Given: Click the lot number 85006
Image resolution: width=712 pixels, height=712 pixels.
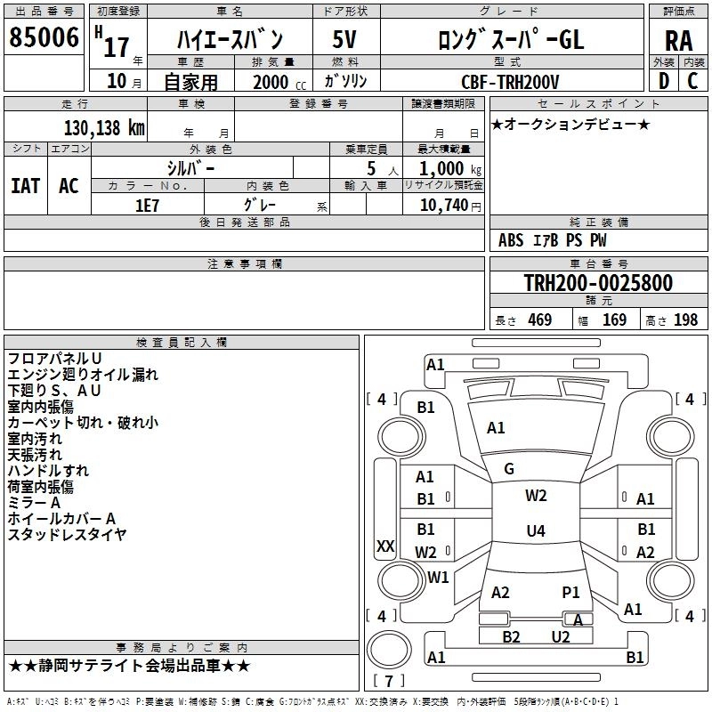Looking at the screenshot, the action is click(44, 38).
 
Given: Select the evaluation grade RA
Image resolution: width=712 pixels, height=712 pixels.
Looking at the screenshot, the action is click(678, 40).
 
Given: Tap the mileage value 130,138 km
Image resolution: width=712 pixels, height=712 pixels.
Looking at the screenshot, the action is click(104, 127).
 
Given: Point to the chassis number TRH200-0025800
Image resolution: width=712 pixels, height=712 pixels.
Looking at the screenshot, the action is click(598, 283).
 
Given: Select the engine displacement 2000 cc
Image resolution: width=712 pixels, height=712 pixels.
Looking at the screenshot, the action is click(270, 82).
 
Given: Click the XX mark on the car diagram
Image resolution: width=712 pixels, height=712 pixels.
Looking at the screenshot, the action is click(385, 546).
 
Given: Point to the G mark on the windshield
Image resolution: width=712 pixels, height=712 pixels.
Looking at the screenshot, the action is click(509, 469).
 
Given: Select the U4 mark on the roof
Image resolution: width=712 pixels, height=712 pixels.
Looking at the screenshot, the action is click(535, 531).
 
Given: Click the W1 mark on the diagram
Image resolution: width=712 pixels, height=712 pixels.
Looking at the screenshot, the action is click(438, 577).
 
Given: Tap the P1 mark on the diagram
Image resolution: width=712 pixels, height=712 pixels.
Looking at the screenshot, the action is click(570, 592).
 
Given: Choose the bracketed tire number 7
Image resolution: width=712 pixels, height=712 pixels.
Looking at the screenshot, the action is click(388, 681).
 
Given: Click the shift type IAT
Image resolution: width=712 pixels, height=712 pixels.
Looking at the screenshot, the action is click(25, 185).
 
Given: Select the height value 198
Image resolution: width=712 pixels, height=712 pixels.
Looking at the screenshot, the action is click(685, 320).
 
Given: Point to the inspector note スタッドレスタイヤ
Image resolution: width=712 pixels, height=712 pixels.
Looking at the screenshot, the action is click(67, 534).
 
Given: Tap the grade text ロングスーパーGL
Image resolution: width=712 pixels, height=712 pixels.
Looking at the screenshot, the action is click(511, 39).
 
